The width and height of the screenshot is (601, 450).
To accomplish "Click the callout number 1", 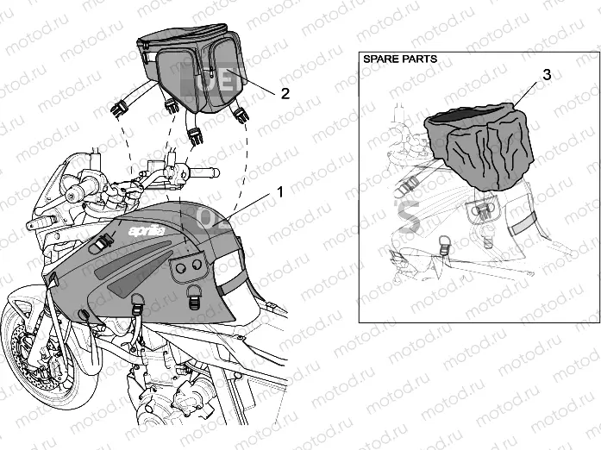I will point(279,191).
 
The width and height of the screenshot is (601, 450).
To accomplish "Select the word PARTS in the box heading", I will point(420,59).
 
